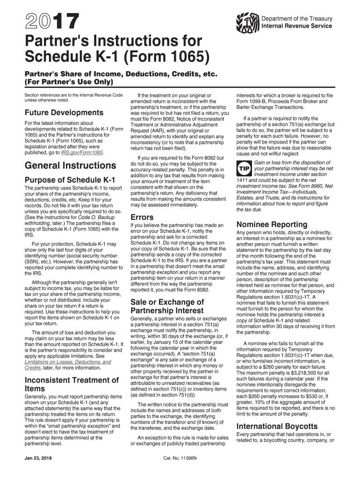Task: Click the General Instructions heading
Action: point(70,166)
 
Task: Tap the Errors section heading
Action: point(142,218)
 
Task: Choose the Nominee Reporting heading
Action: point(272,224)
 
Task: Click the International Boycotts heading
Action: point(277,426)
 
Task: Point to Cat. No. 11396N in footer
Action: point(180,457)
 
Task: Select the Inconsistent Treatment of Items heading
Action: point(72,384)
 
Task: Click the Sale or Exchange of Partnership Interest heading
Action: point(167,306)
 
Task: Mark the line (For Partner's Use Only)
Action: point(69,82)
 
